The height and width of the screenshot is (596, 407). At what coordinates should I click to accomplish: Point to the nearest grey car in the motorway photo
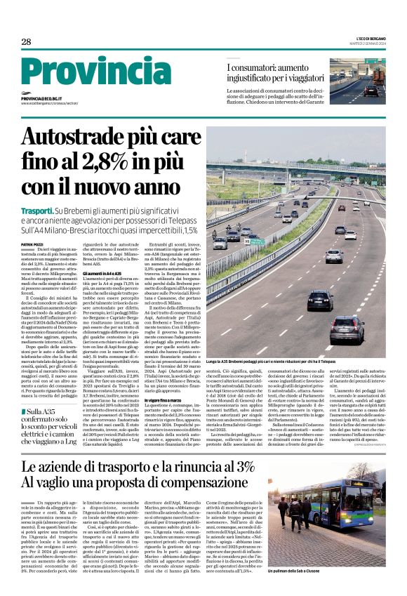pos(347,328)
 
